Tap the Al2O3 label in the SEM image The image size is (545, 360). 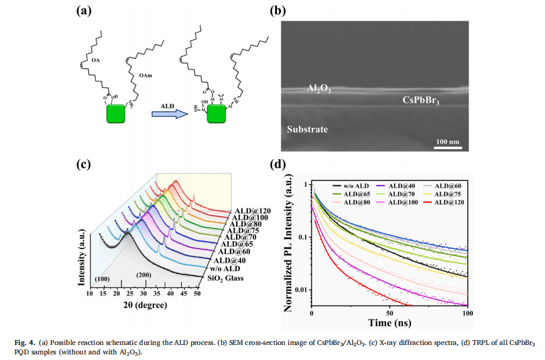pyautogui.click(x=319, y=90)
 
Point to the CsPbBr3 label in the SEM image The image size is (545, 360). pyautogui.click(x=419, y=100)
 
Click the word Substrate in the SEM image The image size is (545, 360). pyautogui.click(x=308, y=130)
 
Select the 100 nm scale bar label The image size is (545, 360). pyautogui.click(x=447, y=141)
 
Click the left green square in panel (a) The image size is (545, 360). pyautogui.click(x=116, y=115)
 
